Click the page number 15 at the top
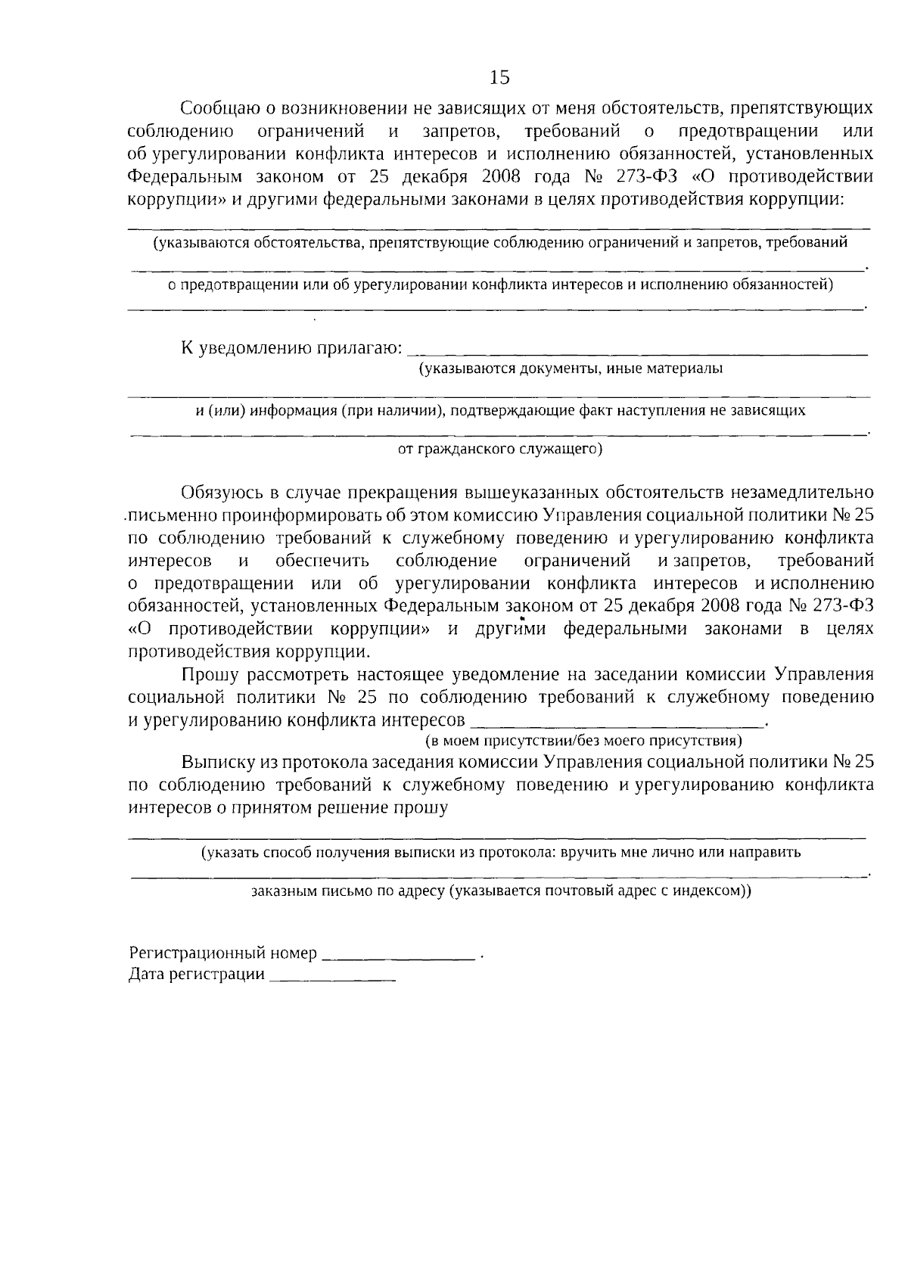point(499,77)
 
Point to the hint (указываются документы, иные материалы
point(571,369)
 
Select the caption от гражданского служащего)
point(499,449)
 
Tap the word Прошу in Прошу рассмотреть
point(208,675)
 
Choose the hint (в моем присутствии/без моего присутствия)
point(583,739)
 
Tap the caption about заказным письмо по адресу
point(501,891)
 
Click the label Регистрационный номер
point(222,953)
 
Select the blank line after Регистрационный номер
point(398,957)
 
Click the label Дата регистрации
point(197,975)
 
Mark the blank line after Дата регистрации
point(332,978)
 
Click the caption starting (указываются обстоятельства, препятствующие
point(499,243)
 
